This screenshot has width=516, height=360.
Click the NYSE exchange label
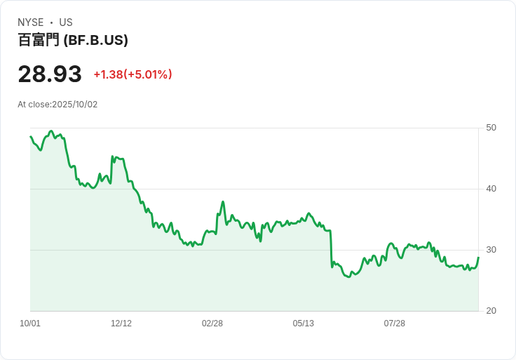tap(31, 22)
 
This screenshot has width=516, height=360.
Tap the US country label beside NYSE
tap(66, 22)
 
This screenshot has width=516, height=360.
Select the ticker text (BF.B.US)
tap(95, 40)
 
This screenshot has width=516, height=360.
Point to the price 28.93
tap(49, 74)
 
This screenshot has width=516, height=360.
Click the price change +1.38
tap(108, 74)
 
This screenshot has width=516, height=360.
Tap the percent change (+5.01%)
tap(148, 74)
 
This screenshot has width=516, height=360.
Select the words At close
tap(34, 105)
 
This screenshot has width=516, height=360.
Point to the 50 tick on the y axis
tap(491, 128)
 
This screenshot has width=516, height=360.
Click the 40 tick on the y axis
tap(491, 189)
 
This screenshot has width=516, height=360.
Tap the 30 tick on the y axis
tap(491, 250)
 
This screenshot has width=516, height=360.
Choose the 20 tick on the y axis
tap(491, 311)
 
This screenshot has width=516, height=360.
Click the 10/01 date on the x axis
tap(30, 324)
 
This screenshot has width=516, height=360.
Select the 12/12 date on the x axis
tap(121, 324)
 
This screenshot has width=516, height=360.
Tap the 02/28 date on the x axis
tap(212, 324)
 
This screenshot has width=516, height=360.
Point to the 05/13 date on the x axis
tap(304, 324)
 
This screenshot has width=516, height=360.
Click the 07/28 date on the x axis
tap(395, 324)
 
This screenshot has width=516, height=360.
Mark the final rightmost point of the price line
tap(478, 258)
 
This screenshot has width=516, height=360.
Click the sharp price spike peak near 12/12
tap(112, 156)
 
